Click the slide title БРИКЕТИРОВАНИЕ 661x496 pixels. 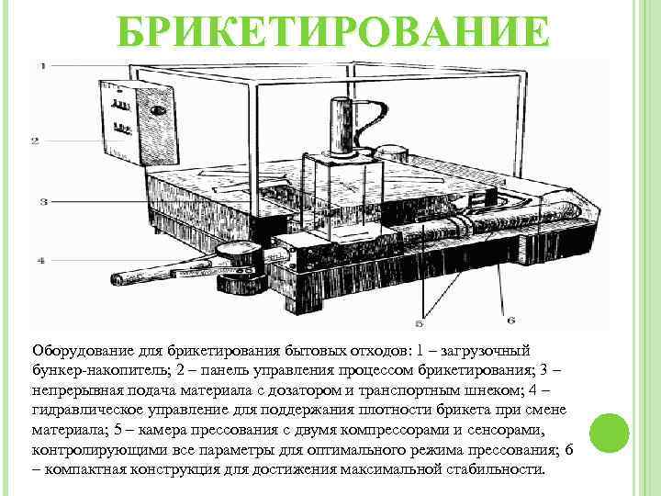pyautogui.click(x=334, y=30)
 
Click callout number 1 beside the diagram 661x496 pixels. pyautogui.click(x=42, y=66)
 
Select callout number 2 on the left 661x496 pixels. pyautogui.click(x=35, y=141)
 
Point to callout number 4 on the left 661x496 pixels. pyautogui.click(x=40, y=261)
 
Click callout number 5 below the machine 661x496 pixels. pyautogui.click(x=420, y=322)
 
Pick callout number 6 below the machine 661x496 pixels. pyautogui.click(x=511, y=320)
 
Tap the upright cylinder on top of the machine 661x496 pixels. pyautogui.click(x=342, y=127)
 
